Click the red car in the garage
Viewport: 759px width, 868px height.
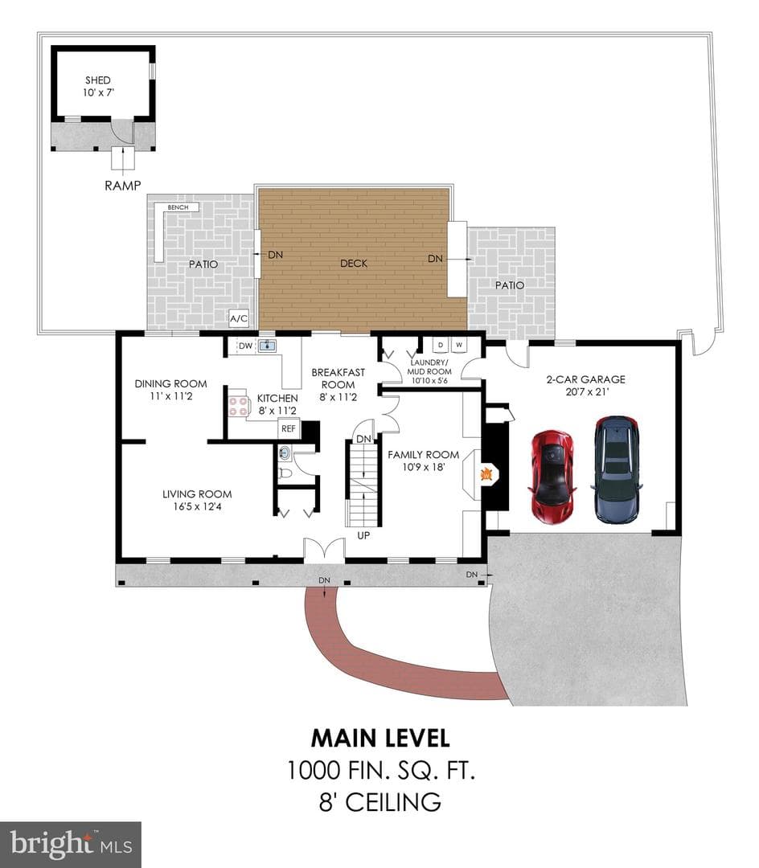coord(552,476)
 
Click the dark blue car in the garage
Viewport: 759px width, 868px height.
coord(616,469)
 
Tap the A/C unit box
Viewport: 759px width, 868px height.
coord(239,318)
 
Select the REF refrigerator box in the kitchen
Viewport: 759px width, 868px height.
coord(289,428)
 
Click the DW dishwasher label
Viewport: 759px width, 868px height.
coord(245,346)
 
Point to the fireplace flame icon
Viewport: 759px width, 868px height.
coord(486,474)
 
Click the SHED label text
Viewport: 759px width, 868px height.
coord(98,80)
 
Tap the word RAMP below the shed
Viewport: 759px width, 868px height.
coord(123,186)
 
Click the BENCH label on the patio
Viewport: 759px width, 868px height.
coord(178,207)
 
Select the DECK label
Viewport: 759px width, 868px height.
coord(354,264)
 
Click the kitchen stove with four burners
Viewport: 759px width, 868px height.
coord(239,406)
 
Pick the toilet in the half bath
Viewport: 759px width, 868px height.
coord(285,474)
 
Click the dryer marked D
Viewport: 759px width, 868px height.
coord(441,345)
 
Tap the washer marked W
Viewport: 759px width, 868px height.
coord(459,345)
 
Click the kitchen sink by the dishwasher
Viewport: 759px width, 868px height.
coord(268,346)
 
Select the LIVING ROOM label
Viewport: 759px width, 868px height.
coord(197,493)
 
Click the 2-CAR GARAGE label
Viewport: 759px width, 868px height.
coord(585,379)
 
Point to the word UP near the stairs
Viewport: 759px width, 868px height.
coord(363,536)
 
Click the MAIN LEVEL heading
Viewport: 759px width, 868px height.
coord(380,738)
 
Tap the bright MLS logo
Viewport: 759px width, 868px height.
coord(70,845)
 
